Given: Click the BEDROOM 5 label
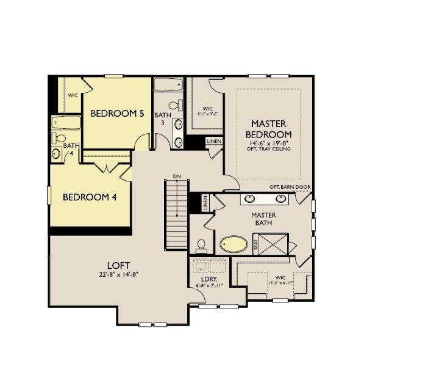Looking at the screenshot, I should point(118,114).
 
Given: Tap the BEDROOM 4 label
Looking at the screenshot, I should point(90,197).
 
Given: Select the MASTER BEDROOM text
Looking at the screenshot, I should point(268,129).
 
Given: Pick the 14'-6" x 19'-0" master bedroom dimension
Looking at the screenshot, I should point(268,143).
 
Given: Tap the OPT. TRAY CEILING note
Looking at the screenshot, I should point(268,149).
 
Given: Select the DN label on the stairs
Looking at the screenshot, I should point(177,176).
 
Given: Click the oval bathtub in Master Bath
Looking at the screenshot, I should point(234,244).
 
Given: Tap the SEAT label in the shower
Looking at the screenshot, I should point(255,244).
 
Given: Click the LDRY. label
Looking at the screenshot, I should point(205,280).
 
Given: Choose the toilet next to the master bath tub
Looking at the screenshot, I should point(201,245).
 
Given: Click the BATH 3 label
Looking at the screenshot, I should point(162,119).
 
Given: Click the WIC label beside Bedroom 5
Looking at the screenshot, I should point(73,96).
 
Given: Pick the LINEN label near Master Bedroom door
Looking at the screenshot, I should point(213,142).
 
